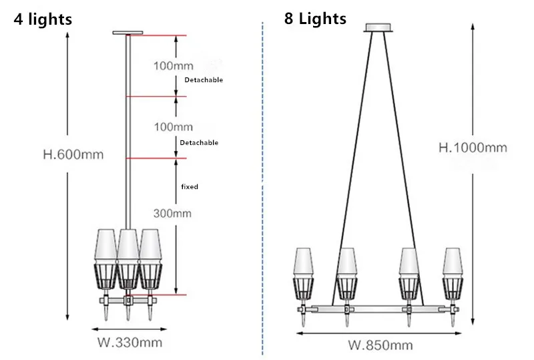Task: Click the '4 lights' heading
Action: coord(43,19)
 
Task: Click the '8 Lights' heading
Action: coord(315,19)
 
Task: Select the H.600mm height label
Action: coord(73,154)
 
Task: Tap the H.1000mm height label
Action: coord(473,148)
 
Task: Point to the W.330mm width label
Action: coord(129,342)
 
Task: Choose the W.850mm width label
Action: coord(380,345)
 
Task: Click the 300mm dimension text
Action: coord(172,214)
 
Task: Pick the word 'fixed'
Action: coord(190,186)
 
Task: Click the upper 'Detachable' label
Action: coord(204,79)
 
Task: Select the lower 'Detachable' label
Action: coord(199,142)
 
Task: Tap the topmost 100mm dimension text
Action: coord(174,66)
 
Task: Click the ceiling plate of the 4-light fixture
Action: coord(127,33)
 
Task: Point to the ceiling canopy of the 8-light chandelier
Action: coord(378,27)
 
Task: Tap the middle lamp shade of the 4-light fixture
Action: coord(128,246)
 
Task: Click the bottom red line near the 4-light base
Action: coord(157,295)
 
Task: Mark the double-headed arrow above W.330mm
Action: coord(129,329)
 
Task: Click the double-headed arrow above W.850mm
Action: coord(379,333)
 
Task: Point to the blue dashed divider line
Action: coord(262,189)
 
